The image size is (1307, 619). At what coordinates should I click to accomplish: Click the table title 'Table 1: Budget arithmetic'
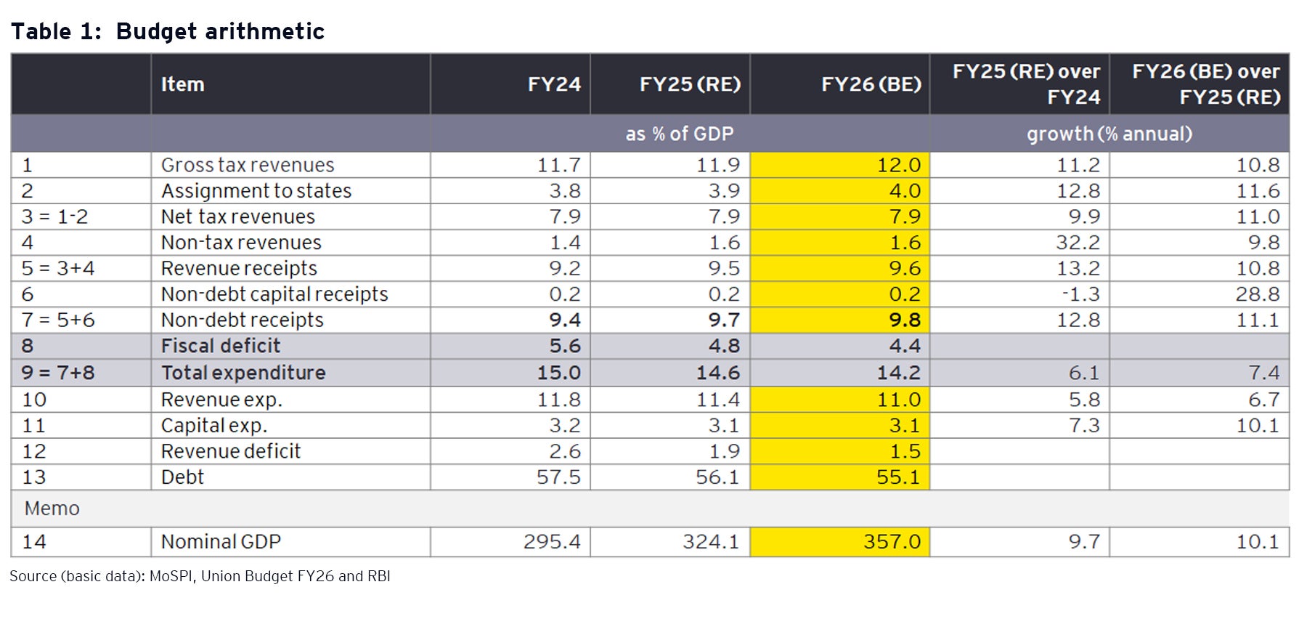pyautogui.click(x=167, y=31)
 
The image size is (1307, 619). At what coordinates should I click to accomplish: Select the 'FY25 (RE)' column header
pyautogui.click(x=689, y=84)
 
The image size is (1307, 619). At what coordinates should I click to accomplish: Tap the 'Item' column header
pyautogui.click(x=182, y=84)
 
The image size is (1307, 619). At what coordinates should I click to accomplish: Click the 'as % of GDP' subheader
pyautogui.click(x=679, y=134)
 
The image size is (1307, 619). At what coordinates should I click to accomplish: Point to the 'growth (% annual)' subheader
pyautogui.click(x=1109, y=134)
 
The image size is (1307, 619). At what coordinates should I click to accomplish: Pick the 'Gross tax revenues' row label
pyautogui.click(x=248, y=165)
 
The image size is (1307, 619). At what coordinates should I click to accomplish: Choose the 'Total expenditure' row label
pyautogui.click(x=243, y=373)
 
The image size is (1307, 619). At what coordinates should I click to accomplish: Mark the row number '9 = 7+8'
pyautogui.click(x=58, y=373)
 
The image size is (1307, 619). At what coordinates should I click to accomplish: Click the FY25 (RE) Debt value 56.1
pyautogui.click(x=717, y=477)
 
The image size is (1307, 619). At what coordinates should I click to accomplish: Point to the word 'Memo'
pyautogui.click(x=52, y=509)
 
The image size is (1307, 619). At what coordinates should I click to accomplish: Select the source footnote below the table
pyautogui.click(x=200, y=576)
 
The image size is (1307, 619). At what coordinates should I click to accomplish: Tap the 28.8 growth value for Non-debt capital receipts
pyautogui.click(x=1258, y=294)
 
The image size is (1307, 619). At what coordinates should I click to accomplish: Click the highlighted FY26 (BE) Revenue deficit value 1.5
pyautogui.click(x=905, y=451)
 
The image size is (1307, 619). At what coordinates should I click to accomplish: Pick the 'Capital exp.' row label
pyautogui.click(x=214, y=426)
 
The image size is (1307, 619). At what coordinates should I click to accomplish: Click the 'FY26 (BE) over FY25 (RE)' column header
pyautogui.click(x=1205, y=84)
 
